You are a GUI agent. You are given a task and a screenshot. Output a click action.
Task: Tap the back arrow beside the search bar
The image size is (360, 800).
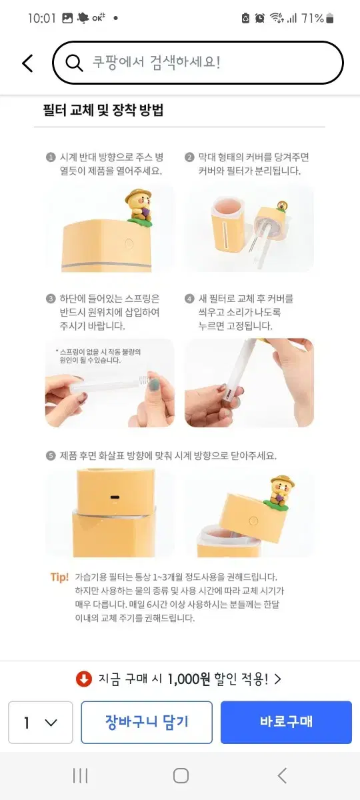(x=27, y=63)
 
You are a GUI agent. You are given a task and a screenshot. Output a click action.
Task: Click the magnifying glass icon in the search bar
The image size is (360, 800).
(x=74, y=63)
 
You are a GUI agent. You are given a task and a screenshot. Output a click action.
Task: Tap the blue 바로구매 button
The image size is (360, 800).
(x=286, y=722)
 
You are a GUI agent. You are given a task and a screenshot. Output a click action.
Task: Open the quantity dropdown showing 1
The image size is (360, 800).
(x=41, y=722)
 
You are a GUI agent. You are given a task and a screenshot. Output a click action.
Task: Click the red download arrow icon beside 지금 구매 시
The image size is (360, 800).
(x=84, y=679)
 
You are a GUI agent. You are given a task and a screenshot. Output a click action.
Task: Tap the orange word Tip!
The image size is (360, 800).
(x=59, y=577)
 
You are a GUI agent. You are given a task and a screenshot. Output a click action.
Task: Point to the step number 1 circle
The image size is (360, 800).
(x=51, y=157)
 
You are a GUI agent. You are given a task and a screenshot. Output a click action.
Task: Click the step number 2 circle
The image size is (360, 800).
(x=189, y=157)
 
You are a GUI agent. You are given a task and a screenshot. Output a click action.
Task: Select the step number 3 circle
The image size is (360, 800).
(x=51, y=299)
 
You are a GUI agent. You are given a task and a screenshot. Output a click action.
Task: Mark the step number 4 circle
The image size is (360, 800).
(x=189, y=299)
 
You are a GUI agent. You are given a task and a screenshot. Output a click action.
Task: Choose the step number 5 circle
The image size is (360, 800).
(x=51, y=455)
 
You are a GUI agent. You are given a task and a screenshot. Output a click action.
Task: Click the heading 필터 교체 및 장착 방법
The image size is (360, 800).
(x=103, y=109)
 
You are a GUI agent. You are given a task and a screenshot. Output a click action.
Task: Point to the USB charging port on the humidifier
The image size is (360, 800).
(x=115, y=497)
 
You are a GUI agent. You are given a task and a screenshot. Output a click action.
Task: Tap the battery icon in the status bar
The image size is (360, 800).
(x=330, y=18)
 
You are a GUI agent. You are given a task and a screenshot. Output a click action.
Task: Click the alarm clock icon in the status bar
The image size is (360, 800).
(x=259, y=18)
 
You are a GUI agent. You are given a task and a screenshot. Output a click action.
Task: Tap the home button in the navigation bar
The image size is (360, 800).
(x=181, y=776)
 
